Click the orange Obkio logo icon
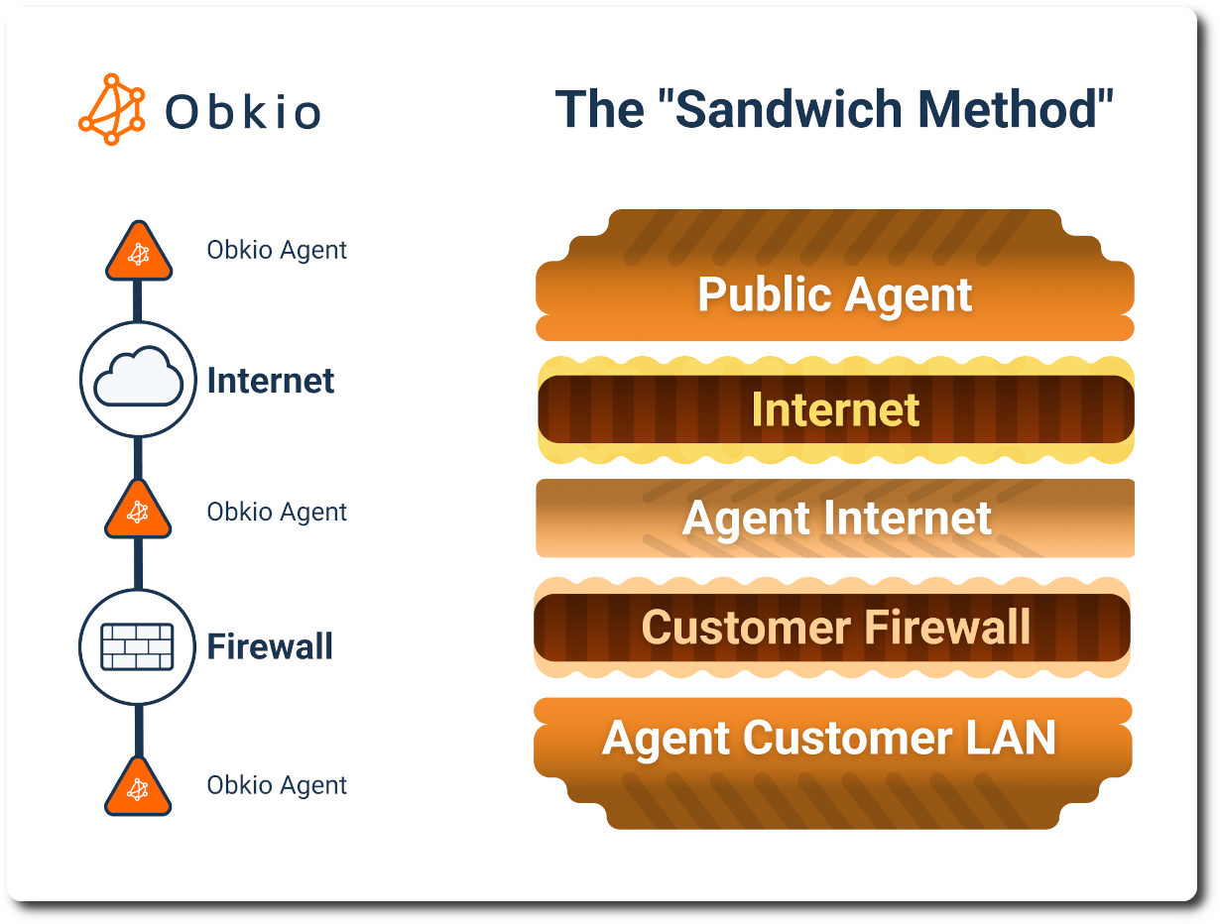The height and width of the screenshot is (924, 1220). click(x=111, y=109)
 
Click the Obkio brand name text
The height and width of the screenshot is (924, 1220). click(x=243, y=112)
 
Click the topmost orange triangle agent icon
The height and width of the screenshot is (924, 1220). click(x=139, y=253)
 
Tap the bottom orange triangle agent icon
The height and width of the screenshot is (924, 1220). click(x=139, y=788)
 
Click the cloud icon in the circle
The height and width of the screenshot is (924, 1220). click(x=138, y=378)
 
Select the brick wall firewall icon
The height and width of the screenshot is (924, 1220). click(x=138, y=646)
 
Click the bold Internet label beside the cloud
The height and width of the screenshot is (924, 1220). click(x=271, y=381)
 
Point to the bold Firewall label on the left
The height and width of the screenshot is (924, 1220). click(x=270, y=647)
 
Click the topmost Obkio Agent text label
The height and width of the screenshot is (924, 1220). click(x=277, y=250)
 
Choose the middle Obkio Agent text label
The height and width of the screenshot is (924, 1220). click(x=277, y=513)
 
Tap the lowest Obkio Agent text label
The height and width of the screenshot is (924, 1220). click(x=277, y=785)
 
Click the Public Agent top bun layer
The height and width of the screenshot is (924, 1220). click(x=834, y=294)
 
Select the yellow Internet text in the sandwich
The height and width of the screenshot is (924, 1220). click(x=835, y=409)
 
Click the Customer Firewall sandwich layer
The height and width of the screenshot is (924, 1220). click(x=835, y=628)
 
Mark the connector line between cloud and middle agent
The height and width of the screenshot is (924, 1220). click(x=138, y=458)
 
